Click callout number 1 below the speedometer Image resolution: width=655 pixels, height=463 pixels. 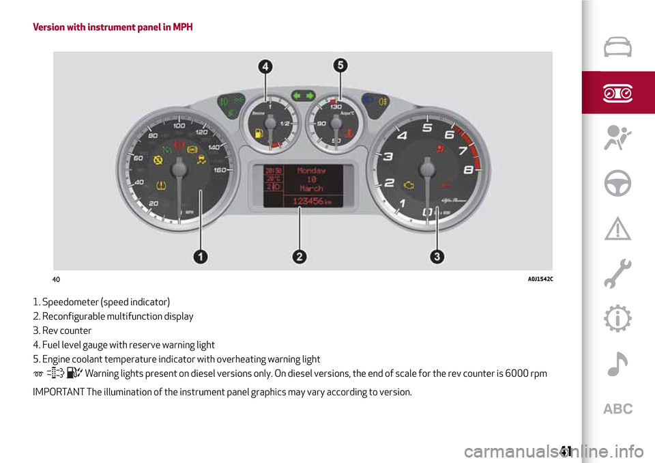pos(200,256)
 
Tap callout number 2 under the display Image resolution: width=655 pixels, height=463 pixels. pos(300,256)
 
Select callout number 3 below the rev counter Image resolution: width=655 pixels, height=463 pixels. pos(437,256)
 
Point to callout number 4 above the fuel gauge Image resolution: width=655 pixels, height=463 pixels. pos(265,66)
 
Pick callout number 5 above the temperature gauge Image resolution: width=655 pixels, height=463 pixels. pos(340,65)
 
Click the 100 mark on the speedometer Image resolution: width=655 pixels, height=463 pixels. pos(179,126)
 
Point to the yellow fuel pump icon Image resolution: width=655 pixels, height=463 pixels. pos(259,130)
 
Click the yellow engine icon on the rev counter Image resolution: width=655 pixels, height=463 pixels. pos(408,184)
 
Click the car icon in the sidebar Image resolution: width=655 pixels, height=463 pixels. pos(617,46)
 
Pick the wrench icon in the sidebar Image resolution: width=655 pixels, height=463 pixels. pos(617,272)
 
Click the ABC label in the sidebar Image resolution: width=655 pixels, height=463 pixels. pos(617,409)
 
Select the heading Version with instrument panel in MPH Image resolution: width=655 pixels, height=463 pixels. pos(113,27)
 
